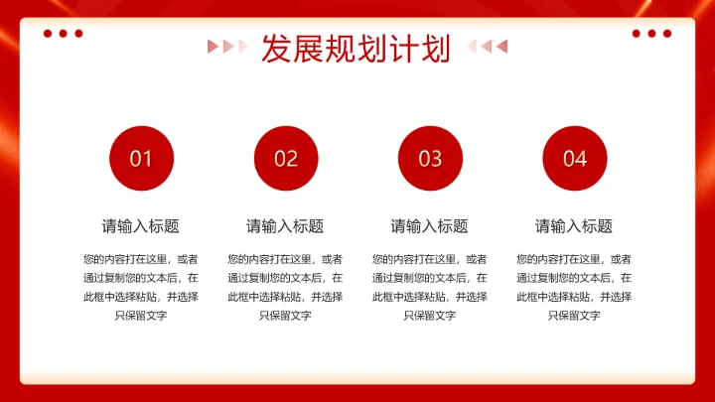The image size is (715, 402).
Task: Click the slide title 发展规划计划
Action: (x=357, y=48)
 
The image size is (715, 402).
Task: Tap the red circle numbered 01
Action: (x=141, y=158)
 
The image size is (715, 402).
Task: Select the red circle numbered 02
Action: (x=286, y=158)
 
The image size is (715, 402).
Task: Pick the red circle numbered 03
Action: (x=430, y=158)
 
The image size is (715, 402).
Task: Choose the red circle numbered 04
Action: (x=575, y=158)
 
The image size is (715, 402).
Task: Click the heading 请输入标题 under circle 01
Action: (x=141, y=226)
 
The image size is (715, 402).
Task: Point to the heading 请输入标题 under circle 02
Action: (x=285, y=226)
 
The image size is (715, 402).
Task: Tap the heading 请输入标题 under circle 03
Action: (x=429, y=226)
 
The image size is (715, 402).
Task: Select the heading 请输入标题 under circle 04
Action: (x=574, y=226)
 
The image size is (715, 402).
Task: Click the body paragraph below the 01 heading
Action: (x=141, y=287)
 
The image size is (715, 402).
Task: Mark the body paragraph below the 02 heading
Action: (x=285, y=287)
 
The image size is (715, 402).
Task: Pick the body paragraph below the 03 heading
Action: (x=429, y=287)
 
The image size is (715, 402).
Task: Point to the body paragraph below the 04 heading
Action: (x=574, y=287)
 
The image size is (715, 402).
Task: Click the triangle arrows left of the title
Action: (x=227, y=46)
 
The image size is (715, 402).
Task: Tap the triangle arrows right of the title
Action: (x=487, y=46)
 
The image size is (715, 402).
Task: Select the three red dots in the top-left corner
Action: (x=63, y=34)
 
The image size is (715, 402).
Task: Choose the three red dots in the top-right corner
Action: (x=651, y=34)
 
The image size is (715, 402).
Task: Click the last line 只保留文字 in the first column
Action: (x=141, y=316)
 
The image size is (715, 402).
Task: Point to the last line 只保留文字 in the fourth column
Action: (x=574, y=316)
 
